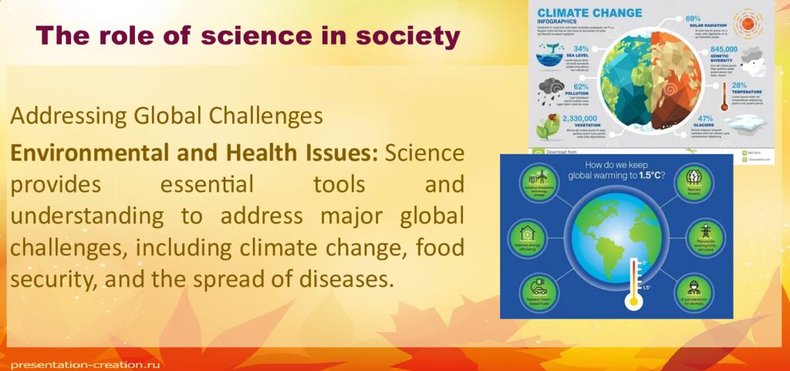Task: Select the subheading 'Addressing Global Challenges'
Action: [x=166, y=116]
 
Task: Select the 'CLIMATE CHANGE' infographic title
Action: [x=589, y=13]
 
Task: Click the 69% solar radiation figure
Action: [x=693, y=19]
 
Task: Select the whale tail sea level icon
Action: [x=550, y=52]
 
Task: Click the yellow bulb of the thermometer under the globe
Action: [x=633, y=302]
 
